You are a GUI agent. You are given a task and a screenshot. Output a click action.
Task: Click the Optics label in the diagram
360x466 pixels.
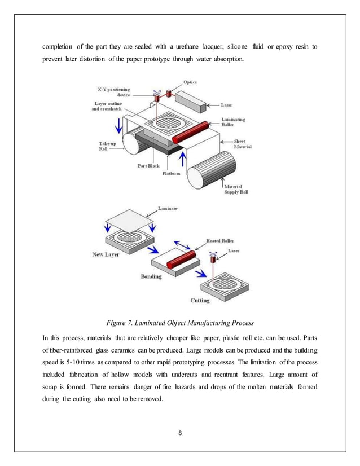(x=190, y=82)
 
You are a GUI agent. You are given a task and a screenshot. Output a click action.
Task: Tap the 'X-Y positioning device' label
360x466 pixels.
(x=113, y=92)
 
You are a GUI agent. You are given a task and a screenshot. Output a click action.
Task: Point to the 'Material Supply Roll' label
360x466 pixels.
(x=238, y=190)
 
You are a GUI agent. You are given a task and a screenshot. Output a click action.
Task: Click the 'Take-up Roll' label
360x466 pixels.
(x=104, y=147)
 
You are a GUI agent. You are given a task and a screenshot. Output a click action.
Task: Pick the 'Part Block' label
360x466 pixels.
(x=148, y=166)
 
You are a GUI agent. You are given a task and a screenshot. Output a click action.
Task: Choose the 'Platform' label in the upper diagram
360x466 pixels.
(x=172, y=173)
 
